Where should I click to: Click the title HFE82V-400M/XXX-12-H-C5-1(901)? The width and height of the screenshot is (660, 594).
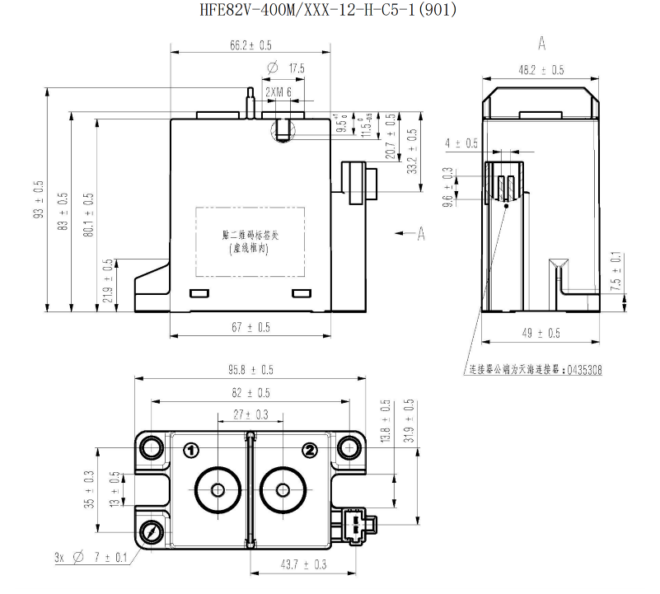point(328,11)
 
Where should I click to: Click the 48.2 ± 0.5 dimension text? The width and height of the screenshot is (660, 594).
point(541,70)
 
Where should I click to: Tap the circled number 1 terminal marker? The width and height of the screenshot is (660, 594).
point(191,450)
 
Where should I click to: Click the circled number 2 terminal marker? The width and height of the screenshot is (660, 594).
point(310,450)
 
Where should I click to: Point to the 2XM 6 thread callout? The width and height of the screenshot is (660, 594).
point(279,92)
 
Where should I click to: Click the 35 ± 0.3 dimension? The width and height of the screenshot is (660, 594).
point(89,488)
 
